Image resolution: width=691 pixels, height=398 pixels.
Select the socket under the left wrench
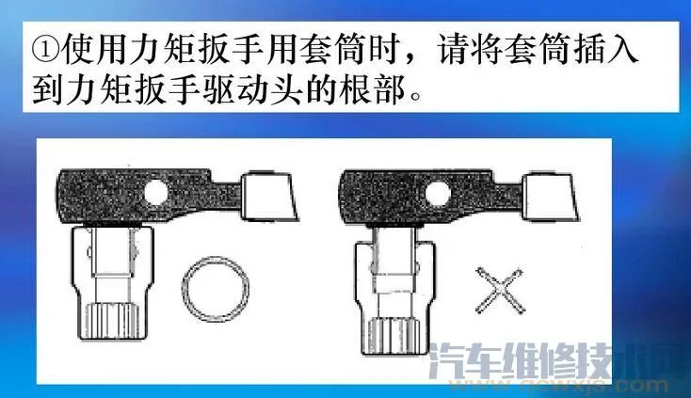click(x=107, y=282)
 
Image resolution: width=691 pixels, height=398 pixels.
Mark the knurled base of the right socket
click(x=394, y=346)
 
